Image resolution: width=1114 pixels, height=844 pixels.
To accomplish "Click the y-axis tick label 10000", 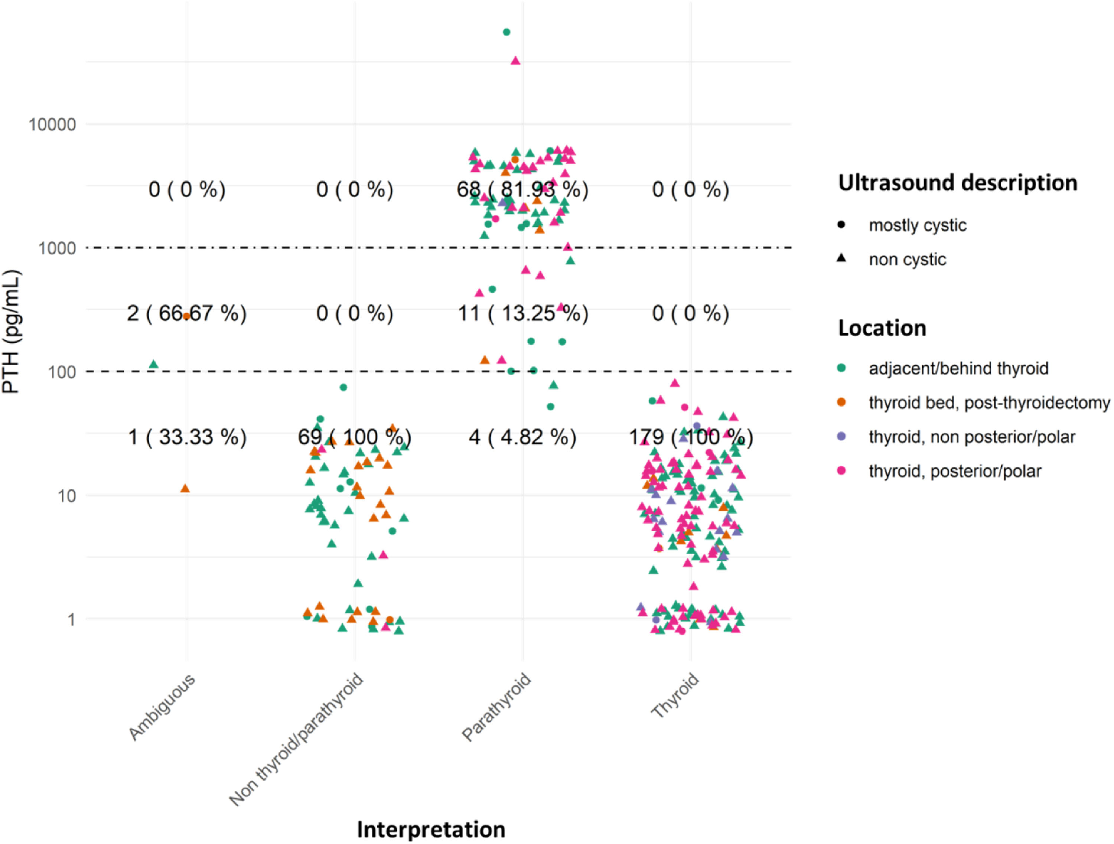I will pyautogui.click(x=52, y=124).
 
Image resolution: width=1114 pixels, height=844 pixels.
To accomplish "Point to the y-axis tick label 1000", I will pyautogui.click(x=58, y=248).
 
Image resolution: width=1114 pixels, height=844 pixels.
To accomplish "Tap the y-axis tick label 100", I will pyautogui.click(x=62, y=372).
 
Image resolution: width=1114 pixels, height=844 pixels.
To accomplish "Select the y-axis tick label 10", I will pyautogui.click(x=67, y=496).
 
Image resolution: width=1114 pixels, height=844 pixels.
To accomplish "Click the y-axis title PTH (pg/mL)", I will pyautogui.click(x=11, y=331).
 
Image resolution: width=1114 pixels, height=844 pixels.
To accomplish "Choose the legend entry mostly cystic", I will pyautogui.click(x=918, y=225).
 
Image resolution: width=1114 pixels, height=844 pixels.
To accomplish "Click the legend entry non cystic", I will pyautogui.click(x=908, y=259).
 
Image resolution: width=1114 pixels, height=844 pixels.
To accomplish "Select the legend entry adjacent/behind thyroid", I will pyautogui.click(x=958, y=368).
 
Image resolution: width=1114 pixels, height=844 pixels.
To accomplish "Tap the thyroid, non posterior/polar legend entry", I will pyautogui.click(x=972, y=437).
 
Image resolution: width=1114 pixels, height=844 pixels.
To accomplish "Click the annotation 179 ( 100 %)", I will pyautogui.click(x=691, y=437).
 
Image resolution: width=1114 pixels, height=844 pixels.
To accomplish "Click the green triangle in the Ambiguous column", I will pyautogui.click(x=154, y=365).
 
